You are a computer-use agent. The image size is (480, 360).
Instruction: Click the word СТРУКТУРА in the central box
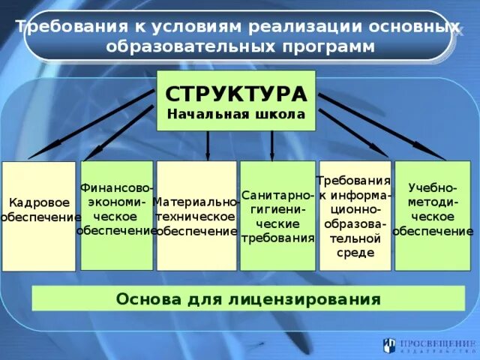click(x=235, y=94)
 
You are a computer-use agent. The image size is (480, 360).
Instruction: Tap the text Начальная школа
click(x=235, y=115)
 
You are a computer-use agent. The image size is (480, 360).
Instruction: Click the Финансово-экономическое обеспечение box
click(x=116, y=215)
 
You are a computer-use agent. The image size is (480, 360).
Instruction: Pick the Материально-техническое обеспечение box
click(x=196, y=216)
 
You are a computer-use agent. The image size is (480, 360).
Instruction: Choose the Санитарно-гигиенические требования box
click(x=277, y=216)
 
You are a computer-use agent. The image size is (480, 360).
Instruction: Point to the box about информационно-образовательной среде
click(x=355, y=216)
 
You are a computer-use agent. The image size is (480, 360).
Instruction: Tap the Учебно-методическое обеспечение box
click(x=433, y=216)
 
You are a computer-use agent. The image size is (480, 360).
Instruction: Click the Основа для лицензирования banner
click(x=248, y=299)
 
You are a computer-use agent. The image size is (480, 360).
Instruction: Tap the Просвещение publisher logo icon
click(x=388, y=345)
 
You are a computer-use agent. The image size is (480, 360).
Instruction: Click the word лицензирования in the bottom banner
click(x=309, y=299)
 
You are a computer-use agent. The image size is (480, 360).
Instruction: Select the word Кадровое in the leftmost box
click(x=39, y=202)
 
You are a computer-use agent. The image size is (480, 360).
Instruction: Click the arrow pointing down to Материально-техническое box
click(x=208, y=145)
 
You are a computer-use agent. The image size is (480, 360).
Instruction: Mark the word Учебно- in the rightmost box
click(x=433, y=187)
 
